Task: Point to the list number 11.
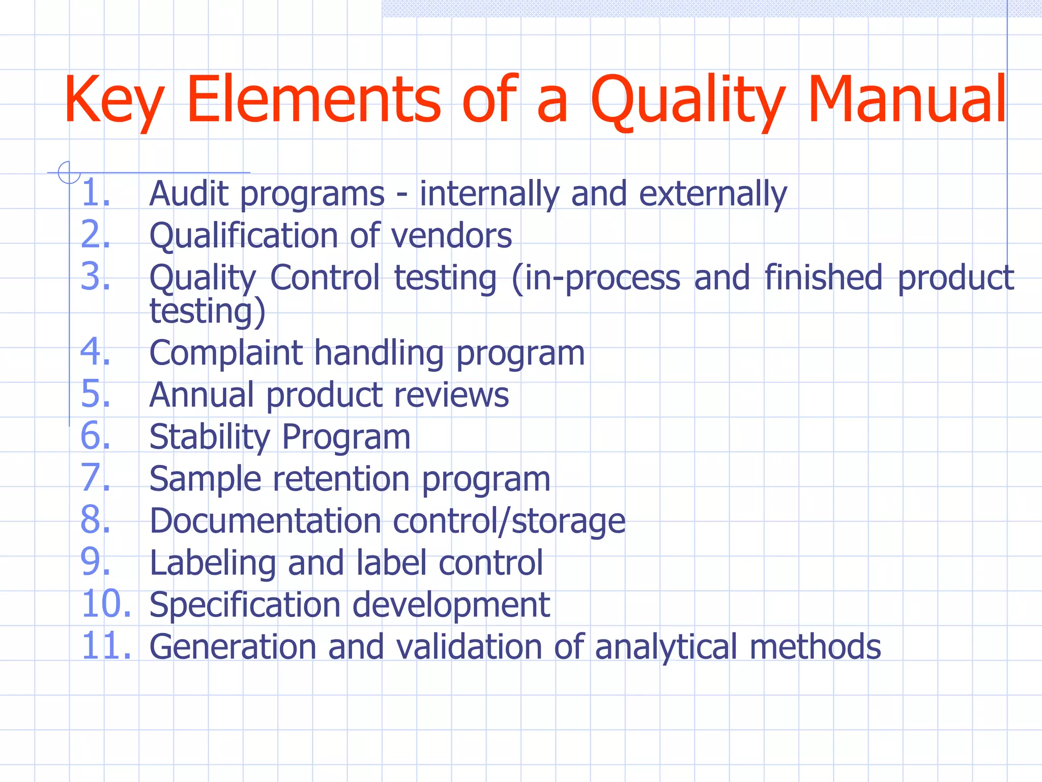pyautogui.click(x=106, y=646)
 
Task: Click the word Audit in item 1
pyautogui.click(x=189, y=194)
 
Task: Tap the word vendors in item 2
pyautogui.click(x=451, y=236)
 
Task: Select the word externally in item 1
pyautogui.click(x=713, y=194)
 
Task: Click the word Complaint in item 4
pyautogui.click(x=226, y=353)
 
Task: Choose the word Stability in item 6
pyautogui.click(x=209, y=437)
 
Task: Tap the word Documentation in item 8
pyautogui.click(x=265, y=521)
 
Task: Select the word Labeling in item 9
pyautogui.click(x=213, y=563)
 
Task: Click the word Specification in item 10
pyautogui.click(x=245, y=605)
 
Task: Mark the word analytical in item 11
pyautogui.click(x=665, y=647)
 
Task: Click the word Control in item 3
pyautogui.click(x=325, y=277)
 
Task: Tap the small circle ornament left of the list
pyautogui.click(x=68, y=172)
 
